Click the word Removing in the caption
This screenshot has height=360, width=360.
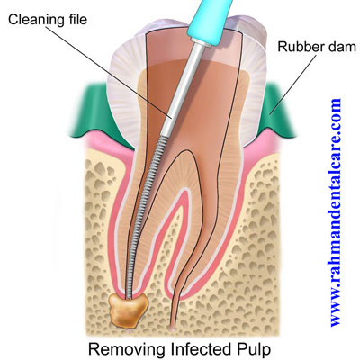point(126,349)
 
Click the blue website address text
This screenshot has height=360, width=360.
point(337,212)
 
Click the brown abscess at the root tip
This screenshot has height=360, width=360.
point(128,310)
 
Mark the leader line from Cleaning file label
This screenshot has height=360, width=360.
point(110,71)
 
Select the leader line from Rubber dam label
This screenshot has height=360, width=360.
point(293,85)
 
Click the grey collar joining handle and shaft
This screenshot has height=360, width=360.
point(201,42)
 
